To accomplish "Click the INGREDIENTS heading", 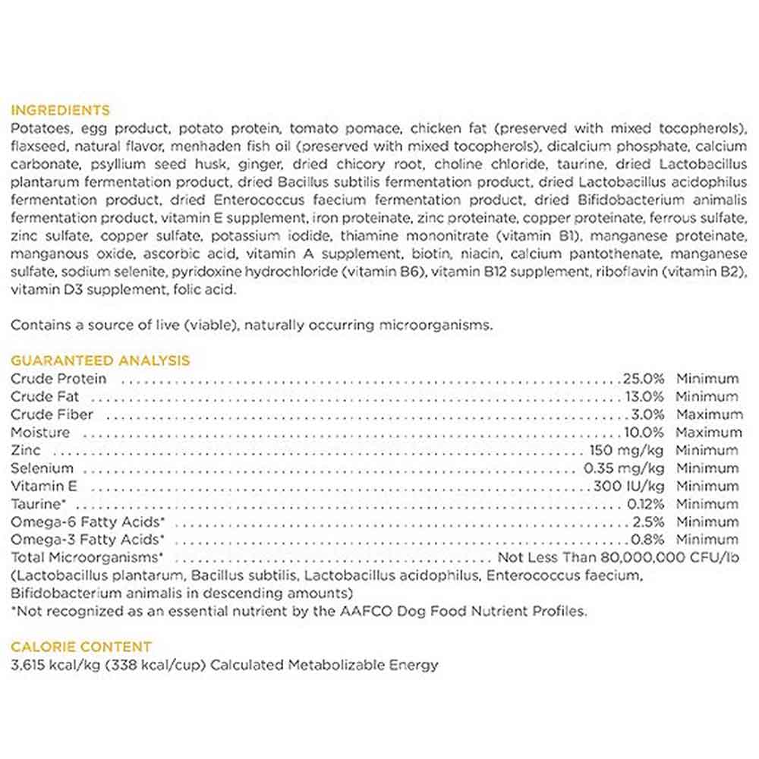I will [x=60, y=110].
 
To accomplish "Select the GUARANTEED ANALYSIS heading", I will [x=100, y=361].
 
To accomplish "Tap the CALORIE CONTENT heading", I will [x=80, y=647].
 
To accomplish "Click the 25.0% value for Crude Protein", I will [x=644, y=379].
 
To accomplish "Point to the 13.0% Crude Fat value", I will [x=644, y=396].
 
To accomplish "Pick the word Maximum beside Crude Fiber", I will [x=709, y=414].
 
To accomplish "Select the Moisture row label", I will [x=40, y=433].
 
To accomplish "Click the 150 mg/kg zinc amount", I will [x=627, y=450].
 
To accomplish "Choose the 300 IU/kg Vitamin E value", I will [x=630, y=486].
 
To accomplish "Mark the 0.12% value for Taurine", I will [x=646, y=504].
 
